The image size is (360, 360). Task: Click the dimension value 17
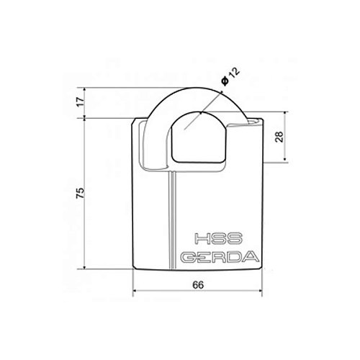(x=81, y=102)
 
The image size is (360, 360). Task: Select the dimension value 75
(x=81, y=193)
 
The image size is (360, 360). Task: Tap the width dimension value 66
(x=198, y=284)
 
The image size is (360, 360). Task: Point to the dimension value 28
(x=279, y=137)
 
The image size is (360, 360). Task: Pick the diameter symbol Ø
(x=225, y=81)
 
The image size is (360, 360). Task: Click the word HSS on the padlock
(x=218, y=238)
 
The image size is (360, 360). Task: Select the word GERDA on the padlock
(x=220, y=257)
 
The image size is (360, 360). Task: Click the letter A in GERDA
(x=251, y=257)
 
